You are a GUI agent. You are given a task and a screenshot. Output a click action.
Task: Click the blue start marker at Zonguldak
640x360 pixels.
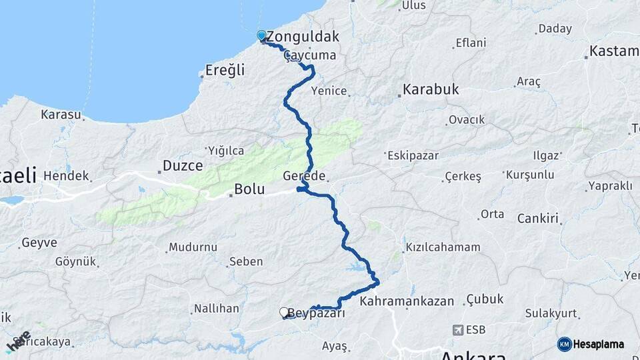tap(261, 35)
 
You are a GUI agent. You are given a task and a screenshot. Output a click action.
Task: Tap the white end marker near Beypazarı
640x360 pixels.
tap(284, 312)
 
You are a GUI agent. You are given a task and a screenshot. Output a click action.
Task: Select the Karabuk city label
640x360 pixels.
tap(431, 89)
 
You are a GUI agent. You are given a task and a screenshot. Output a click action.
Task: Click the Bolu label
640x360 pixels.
tap(249, 190)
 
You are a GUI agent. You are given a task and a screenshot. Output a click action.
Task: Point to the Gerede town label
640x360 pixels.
tap(304, 176)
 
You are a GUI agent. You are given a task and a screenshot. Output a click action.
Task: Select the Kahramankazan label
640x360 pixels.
tap(407, 302)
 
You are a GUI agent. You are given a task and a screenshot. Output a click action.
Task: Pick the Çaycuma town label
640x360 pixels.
tap(310, 55)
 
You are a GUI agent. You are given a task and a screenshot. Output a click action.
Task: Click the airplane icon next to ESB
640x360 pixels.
tap(458, 330)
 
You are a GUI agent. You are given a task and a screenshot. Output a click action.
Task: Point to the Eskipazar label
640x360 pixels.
tap(411, 155)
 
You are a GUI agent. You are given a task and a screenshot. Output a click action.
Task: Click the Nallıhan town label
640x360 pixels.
tap(216, 309)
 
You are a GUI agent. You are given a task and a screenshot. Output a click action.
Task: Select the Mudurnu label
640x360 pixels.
tap(193, 247)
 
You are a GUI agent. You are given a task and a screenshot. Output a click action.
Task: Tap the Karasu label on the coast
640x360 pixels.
tap(61, 115)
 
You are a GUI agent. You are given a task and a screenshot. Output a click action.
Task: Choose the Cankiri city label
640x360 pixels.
tap(537, 218)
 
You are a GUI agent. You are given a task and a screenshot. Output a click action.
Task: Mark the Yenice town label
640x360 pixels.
tap(333, 91)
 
